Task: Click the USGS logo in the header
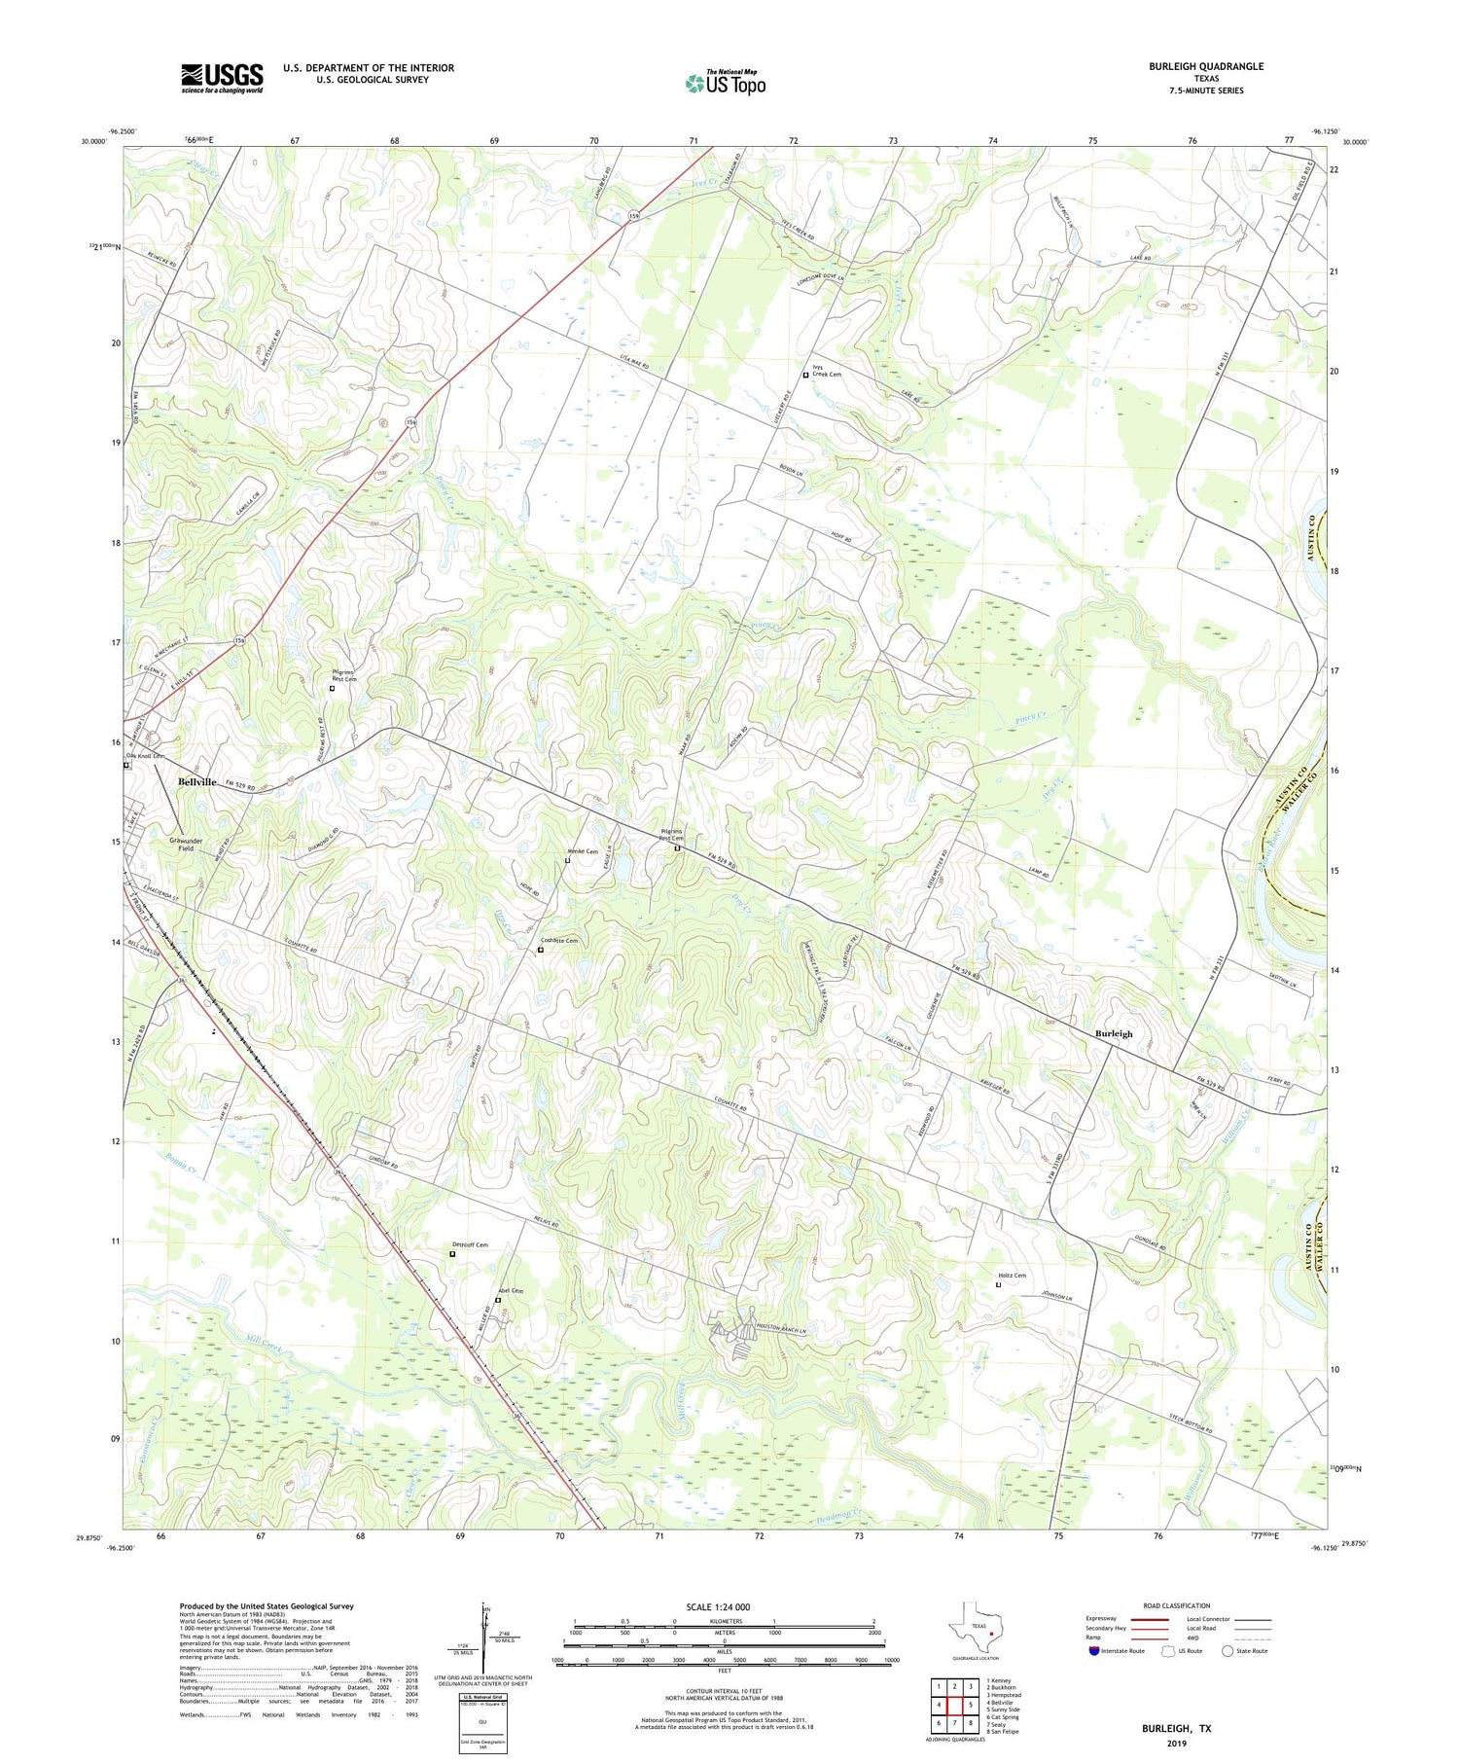pyautogui.click(x=222, y=78)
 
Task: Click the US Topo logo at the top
pyautogui.click(x=725, y=84)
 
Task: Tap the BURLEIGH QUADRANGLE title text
pyautogui.click(x=1205, y=66)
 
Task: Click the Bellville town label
pyautogui.click(x=196, y=782)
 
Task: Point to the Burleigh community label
pyautogui.click(x=1114, y=1034)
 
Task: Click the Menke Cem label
pyautogui.click(x=582, y=852)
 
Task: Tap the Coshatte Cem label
pyautogui.click(x=559, y=941)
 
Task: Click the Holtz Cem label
pyautogui.click(x=1012, y=1276)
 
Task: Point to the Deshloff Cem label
pyautogui.click(x=470, y=1244)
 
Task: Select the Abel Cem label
pyautogui.click(x=511, y=1291)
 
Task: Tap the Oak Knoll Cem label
pyautogui.click(x=145, y=756)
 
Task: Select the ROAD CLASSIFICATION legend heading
pyautogui.click(x=1177, y=1605)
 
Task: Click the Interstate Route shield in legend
pyautogui.click(x=1096, y=1650)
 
